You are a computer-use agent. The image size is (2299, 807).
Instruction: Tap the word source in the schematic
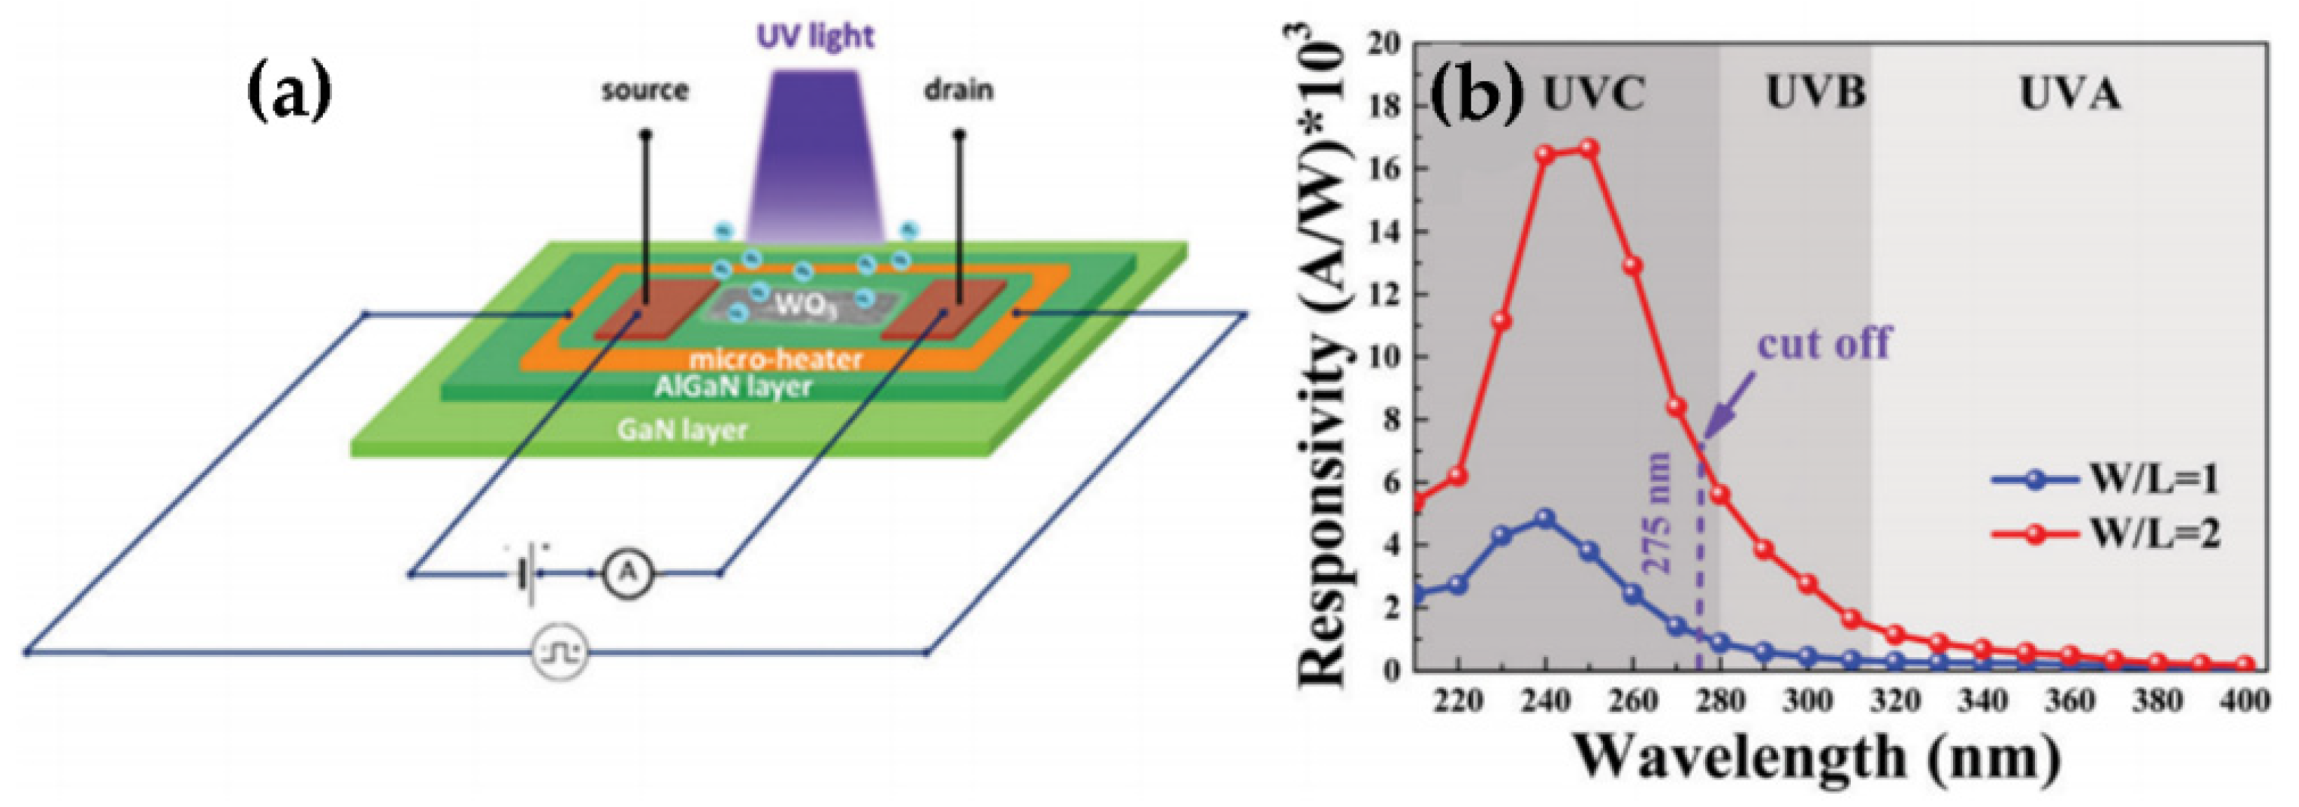pos(644,90)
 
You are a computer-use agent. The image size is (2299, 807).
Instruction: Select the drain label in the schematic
pos(959,90)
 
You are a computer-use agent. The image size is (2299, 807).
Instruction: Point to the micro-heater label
pos(775,359)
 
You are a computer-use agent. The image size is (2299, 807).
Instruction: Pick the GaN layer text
pos(682,430)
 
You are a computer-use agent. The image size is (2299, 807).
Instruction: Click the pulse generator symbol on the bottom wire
pos(560,654)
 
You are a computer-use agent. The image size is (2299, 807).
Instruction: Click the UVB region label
pos(1814,93)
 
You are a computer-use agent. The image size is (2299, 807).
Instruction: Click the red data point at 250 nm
pos(1589,149)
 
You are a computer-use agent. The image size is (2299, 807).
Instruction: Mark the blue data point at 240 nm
pos(1545,518)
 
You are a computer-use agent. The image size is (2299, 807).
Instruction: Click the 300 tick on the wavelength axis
pos(1808,702)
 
